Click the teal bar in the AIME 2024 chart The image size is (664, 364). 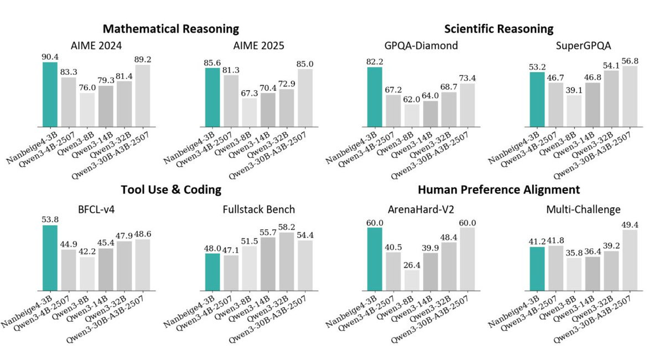click(x=50, y=94)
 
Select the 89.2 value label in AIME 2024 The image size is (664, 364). click(x=143, y=59)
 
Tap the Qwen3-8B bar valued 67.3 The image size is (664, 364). click(x=250, y=112)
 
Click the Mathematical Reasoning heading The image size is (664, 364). click(x=171, y=29)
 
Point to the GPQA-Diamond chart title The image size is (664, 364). click(x=421, y=45)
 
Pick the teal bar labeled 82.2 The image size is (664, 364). click(x=375, y=97)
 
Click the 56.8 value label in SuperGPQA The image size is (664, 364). click(x=630, y=61)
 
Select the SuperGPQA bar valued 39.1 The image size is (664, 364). click(x=574, y=111)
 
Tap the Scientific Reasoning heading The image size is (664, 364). click(x=499, y=29)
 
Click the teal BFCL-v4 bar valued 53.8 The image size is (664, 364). click(x=50, y=258)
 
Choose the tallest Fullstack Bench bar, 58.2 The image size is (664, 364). click(x=287, y=262)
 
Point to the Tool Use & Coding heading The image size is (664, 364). click(x=171, y=189)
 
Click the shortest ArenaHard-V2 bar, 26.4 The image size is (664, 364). click(x=412, y=280)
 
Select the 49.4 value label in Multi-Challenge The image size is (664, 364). click(x=630, y=225)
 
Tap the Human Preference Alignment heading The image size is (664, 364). click(x=499, y=189)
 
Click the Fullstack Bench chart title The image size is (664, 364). click(x=259, y=209)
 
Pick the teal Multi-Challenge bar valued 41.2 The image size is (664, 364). click(x=537, y=269)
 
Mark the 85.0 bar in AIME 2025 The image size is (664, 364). click(x=305, y=98)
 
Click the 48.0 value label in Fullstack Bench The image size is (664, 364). click(x=212, y=249)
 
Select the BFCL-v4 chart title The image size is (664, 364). click(x=96, y=209)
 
